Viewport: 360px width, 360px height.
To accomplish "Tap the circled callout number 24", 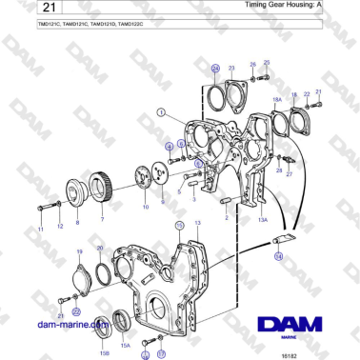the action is pyautogui.click(x=215, y=68).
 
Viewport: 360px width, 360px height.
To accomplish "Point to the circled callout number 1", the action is pyautogui.click(x=163, y=111).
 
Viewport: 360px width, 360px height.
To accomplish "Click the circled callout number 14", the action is pyautogui.click(x=279, y=256).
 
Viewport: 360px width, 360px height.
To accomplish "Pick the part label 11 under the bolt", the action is pyautogui.click(x=41, y=230).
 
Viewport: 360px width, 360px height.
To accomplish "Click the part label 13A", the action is pyautogui.click(x=263, y=218).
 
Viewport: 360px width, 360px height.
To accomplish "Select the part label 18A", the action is pyautogui.click(x=277, y=98).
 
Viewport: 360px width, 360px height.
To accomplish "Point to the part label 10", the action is pyautogui.click(x=145, y=206).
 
